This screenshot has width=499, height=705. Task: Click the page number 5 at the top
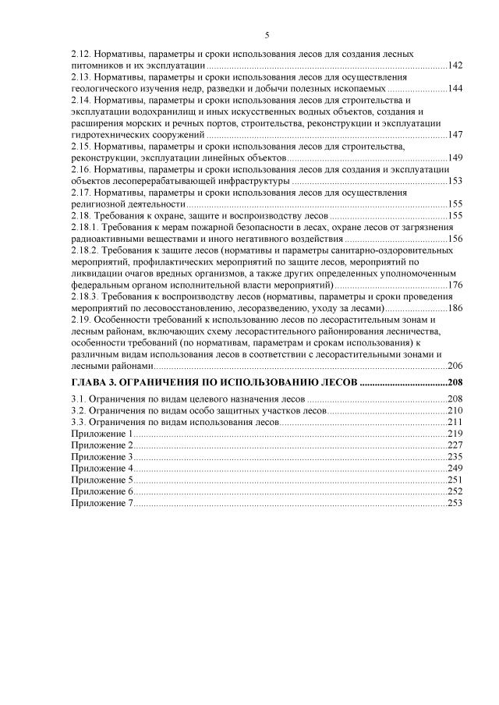(267, 35)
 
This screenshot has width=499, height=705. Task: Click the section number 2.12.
(80, 53)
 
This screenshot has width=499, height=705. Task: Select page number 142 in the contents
(455, 65)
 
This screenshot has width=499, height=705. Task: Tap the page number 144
(455, 88)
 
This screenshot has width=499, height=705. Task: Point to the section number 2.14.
(80, 100)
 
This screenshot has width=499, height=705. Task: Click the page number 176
(455, 285)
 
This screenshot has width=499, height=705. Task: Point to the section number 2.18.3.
(84, 296)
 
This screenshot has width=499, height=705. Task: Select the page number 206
(455, 366)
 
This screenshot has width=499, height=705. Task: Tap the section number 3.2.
(77, 409)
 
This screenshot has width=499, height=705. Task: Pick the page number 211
(455, 421)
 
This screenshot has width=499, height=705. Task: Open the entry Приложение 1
(101, 433)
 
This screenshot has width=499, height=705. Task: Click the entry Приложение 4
(102, 468)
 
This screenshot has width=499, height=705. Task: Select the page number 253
(455, 503)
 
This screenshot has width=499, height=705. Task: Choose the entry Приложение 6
(102, 491)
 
